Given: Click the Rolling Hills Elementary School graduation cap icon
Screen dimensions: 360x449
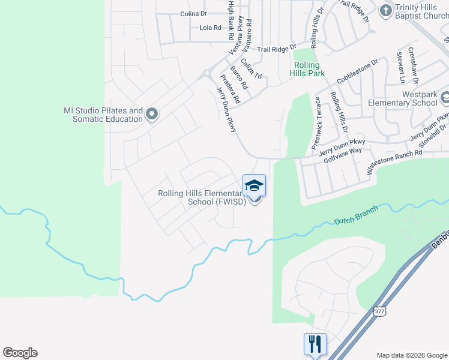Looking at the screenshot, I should pyautogui.click(x=254, y=185).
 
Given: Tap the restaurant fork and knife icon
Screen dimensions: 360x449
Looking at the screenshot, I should pyautogui.click(x=315, y=344).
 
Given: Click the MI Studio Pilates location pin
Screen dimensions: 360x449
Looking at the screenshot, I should pyautogui.click(x=152, y=113).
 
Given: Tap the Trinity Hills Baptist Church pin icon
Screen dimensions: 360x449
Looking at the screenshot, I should pyautogui.click(x=385, y=10).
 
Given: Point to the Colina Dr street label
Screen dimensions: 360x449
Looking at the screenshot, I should pyautogui.click(x=193, y=13).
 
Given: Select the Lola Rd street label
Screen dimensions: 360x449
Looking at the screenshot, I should pyautogui.click(x=210, y=28).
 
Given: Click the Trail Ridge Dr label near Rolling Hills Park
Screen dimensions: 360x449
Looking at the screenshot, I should pyautogui.click(x=277, y=48).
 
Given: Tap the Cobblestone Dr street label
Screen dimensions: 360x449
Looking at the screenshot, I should pyautogui.click(x=357, y=71).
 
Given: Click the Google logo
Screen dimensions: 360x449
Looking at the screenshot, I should pyautogui.click(x=20, y=353).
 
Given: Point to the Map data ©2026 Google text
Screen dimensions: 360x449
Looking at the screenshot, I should pyautogui.click(x=412, y=355).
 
